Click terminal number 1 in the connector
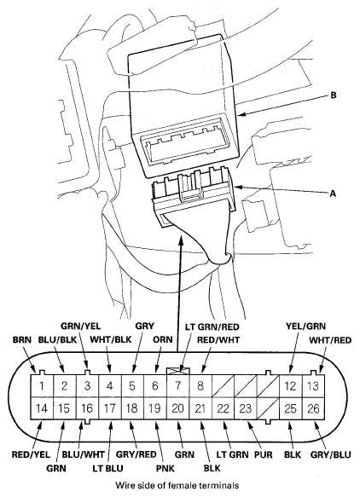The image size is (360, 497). click(x=42, y=385)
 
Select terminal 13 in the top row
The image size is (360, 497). click(x=314, y=385)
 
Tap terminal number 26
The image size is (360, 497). click(x=314, y=408)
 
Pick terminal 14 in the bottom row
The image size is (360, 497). click(x=42, y=408)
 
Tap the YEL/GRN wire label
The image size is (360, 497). click(x=304, y=326)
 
